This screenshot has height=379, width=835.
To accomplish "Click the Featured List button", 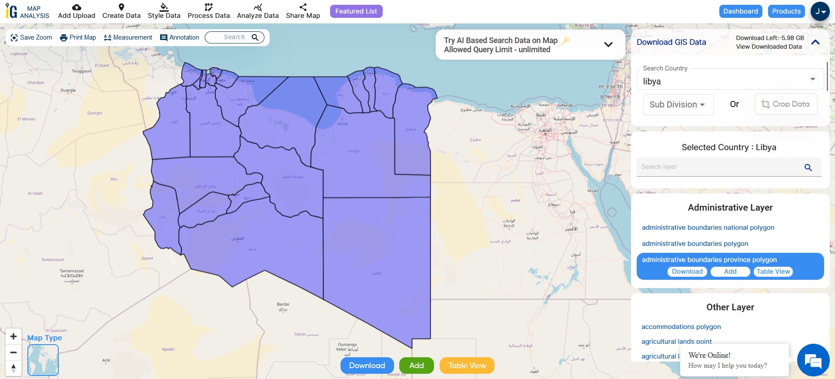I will coord(356,11).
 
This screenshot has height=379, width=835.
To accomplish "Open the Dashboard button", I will coord(741,11).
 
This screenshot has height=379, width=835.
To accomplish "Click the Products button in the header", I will coord(786,11).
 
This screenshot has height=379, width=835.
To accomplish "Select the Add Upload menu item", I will coord(77,11).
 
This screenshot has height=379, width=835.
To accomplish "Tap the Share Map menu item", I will coord(303,11).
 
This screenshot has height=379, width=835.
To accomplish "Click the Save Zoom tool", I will coord(31,37).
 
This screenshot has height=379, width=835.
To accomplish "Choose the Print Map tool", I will coord(78,37).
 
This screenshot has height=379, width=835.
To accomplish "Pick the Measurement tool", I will coord(128,37).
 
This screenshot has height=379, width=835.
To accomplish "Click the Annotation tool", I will coord(180,37).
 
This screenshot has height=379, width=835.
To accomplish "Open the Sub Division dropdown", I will coord(678,104).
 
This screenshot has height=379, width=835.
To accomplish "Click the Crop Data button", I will coord(785,104).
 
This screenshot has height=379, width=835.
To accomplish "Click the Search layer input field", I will coord(720,167).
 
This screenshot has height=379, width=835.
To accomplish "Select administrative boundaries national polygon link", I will coord(708,228).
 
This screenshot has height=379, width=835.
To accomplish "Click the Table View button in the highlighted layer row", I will coord(773,272).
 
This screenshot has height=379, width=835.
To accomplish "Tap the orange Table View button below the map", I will coord(467,366).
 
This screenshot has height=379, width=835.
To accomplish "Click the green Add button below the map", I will coord(416,366).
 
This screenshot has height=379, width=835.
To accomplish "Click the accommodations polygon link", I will coord(681,327).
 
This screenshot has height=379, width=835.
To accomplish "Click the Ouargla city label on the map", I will coord(68,91).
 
